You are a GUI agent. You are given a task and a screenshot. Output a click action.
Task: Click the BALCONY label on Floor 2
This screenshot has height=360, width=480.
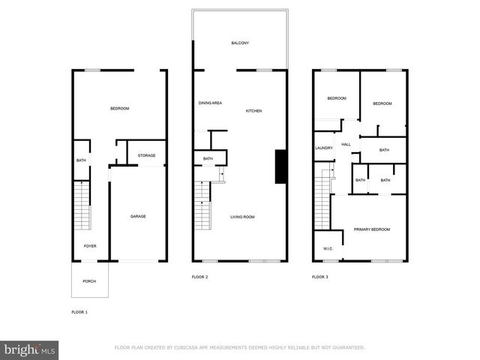coord(240,43)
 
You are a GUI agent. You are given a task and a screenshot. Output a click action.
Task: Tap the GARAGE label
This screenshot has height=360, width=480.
coord(138,217)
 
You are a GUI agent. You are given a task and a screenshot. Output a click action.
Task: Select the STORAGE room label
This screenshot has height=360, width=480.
coord(146,155)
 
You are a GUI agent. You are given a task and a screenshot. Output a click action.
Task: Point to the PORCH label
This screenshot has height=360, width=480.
coord(89,281)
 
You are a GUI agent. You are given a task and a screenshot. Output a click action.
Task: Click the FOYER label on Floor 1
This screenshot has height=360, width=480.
coord(89,246)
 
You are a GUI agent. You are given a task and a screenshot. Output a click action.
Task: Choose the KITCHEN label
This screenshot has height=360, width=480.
coord(254,111)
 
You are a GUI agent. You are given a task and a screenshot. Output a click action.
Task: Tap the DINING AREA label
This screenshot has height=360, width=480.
coord(210,103)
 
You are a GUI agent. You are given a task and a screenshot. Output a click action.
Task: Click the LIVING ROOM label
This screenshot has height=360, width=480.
coord(242,217)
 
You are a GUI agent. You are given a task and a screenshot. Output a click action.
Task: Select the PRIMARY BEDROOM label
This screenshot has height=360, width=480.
coord(372,229)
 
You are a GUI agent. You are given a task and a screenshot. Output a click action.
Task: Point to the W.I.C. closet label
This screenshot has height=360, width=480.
coord(328,249)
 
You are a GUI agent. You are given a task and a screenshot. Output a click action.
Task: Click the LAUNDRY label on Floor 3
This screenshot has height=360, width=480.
coord(323,148)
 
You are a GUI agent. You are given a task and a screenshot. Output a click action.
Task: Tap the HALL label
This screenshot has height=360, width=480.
coord(346,145)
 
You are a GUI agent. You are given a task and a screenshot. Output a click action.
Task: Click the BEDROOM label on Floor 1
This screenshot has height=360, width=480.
coord(120,109)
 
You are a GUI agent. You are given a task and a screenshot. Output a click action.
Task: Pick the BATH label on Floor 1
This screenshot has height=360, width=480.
coord(81,160)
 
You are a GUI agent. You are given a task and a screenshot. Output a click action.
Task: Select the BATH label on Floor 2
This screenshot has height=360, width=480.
coord(208,158)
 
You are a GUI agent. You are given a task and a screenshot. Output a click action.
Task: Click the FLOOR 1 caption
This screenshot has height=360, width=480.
coord(79,311)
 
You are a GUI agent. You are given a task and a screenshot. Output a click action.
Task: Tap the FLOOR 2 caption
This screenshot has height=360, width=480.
coord(199,277)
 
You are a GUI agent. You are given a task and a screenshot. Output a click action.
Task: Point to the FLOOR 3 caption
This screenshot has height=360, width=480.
coord(320,277)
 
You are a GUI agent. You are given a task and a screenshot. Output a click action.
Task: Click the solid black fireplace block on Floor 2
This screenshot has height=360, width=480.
coord(281,166)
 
